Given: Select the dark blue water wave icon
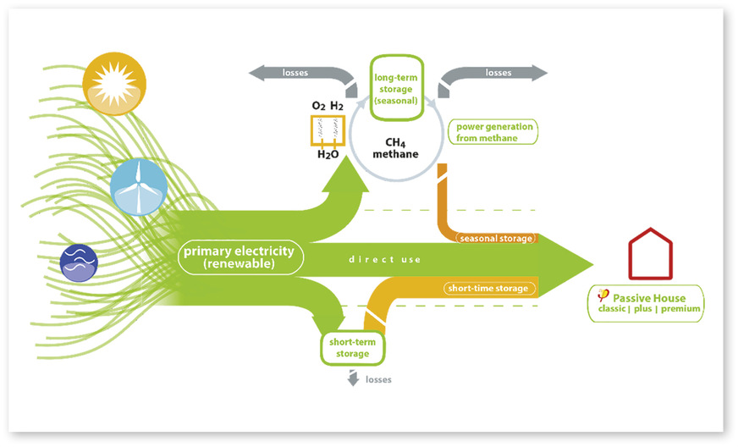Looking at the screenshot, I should [x=80, y=263].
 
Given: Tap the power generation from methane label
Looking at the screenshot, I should [x=495, y=132].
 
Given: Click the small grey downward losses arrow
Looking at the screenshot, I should [x=351, y=378].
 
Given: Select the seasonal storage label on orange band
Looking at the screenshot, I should [x=496, y=239].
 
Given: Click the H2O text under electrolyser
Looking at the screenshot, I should [x=328, y=155].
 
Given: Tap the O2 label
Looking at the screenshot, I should [x=317, y=106].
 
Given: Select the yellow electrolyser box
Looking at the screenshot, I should [x=328, y=131].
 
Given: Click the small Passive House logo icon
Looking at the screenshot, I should [x=603, y=296].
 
